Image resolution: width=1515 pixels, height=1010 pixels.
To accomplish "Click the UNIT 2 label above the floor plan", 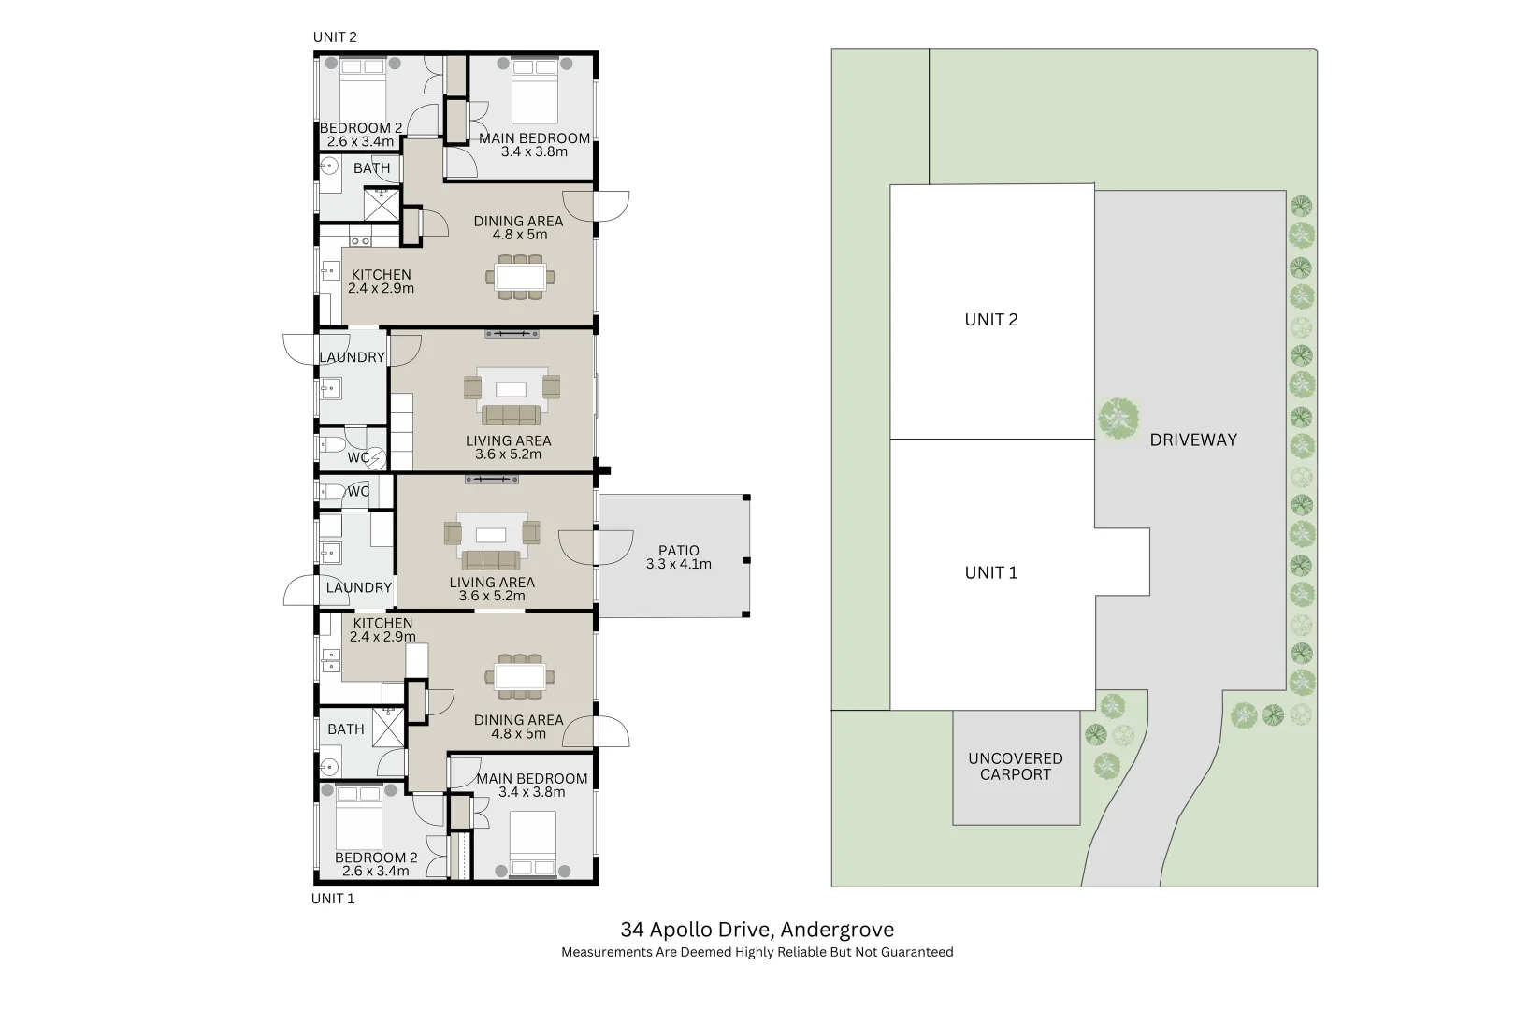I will click(x=335, y=37).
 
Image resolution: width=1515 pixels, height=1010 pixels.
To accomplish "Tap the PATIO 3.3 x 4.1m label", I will click(x=678, y=557).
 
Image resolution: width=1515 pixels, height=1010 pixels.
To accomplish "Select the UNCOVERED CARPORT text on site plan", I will click(x=1015, y=766).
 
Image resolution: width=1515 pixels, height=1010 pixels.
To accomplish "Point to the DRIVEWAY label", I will click(x=1192, y=440).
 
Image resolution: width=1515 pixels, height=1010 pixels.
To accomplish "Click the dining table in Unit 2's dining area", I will click(x=520, y=277).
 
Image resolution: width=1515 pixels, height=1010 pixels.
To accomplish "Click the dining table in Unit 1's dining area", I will click(x=520, y=676).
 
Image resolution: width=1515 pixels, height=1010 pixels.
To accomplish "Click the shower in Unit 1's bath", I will click(x=388, y=728).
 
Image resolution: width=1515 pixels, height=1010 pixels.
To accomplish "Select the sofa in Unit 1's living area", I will click(x=491, y=560).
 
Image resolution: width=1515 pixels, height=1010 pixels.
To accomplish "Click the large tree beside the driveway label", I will click(x=1118, y=418).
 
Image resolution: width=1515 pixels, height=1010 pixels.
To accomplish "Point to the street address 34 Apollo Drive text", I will click(x=697, y=930).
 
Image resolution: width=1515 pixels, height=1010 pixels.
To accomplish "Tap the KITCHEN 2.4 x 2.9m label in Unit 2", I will click(x=381, y=281).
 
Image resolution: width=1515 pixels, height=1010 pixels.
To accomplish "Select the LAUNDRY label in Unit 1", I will click(x=359, y=587).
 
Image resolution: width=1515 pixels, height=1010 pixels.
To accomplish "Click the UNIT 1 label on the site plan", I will click(x=990, y=572).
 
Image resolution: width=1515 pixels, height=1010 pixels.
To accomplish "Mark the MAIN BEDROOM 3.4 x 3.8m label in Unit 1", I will click(x=531, y=785).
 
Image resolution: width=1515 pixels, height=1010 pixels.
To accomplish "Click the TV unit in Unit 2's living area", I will click(x=512, y=334).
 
